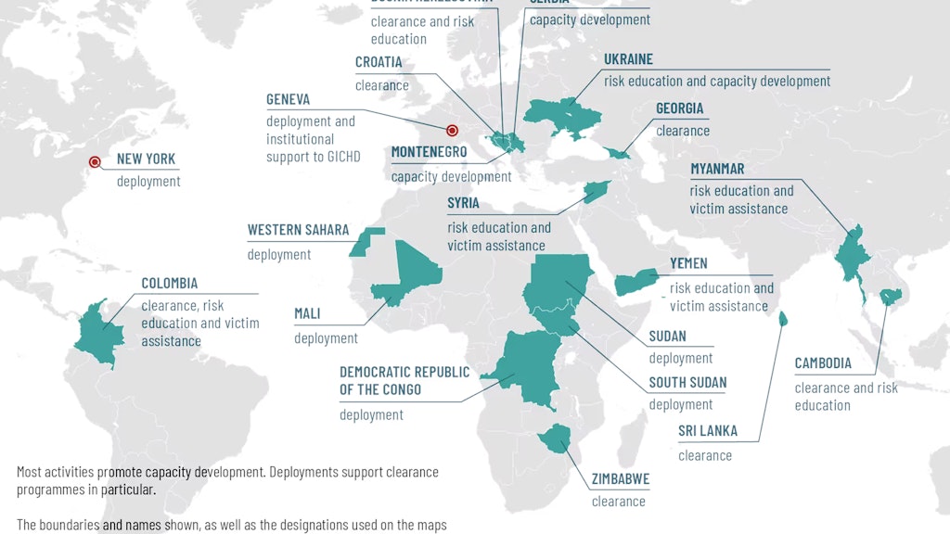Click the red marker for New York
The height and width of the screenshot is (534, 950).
[95, 162]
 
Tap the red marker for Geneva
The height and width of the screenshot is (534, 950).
[453, 132]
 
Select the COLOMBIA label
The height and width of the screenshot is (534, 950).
[169, 283]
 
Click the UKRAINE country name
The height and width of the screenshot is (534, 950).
[628, 59]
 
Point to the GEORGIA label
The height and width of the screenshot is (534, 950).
[679, 108]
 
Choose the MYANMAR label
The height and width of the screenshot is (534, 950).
[717, 169]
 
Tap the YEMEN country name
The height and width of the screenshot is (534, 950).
[688, 264]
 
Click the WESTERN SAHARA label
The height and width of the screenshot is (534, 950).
[298, 230]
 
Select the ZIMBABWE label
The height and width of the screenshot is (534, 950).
[620, 479]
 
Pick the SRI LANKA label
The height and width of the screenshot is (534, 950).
[708, 431]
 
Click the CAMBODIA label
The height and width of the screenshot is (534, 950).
[823, 363]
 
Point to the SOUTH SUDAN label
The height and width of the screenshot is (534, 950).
[687, 382]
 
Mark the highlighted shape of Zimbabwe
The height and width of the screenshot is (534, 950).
[558, 438]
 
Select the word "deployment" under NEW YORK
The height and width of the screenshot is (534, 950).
[148, 182]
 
